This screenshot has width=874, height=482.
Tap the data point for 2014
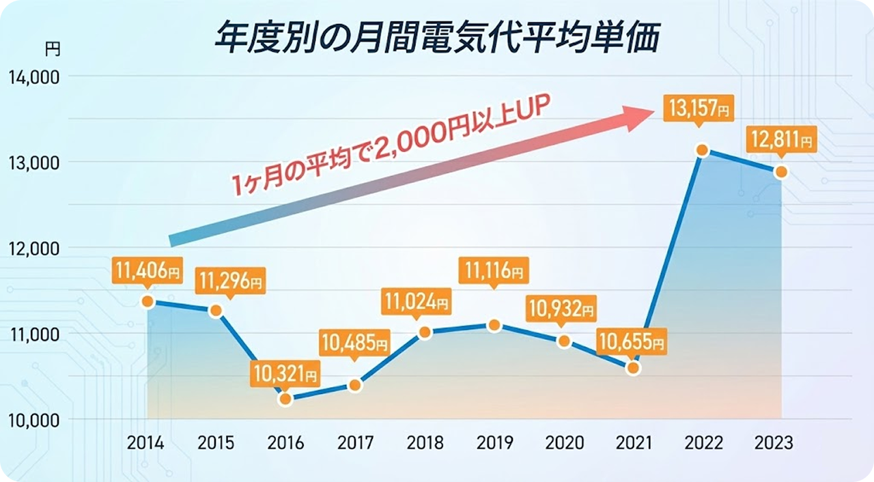(x=147, y=301)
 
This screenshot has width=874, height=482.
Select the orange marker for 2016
(x=285, y=399)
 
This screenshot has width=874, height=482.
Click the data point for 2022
(x=701, y=150)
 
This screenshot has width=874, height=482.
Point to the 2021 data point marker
(x=633, y=369)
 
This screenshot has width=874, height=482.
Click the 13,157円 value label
(x=698, y=108)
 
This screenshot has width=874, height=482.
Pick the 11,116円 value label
(x=492, y=272)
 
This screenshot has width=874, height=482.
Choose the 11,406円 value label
(x=147, y=272)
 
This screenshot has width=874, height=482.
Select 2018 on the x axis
(x=425, y=442)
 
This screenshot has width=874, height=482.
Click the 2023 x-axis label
(x=774, y=442)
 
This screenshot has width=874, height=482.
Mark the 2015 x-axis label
(x=216, y=442)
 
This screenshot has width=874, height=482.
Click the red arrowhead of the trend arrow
(x=638, y=117)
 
